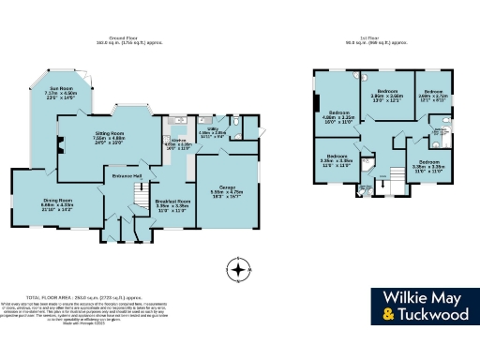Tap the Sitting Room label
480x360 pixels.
[112, 139]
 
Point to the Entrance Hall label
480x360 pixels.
[125, 175]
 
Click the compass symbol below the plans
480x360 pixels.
[240, 270]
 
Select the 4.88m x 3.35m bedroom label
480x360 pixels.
[338, 118]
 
